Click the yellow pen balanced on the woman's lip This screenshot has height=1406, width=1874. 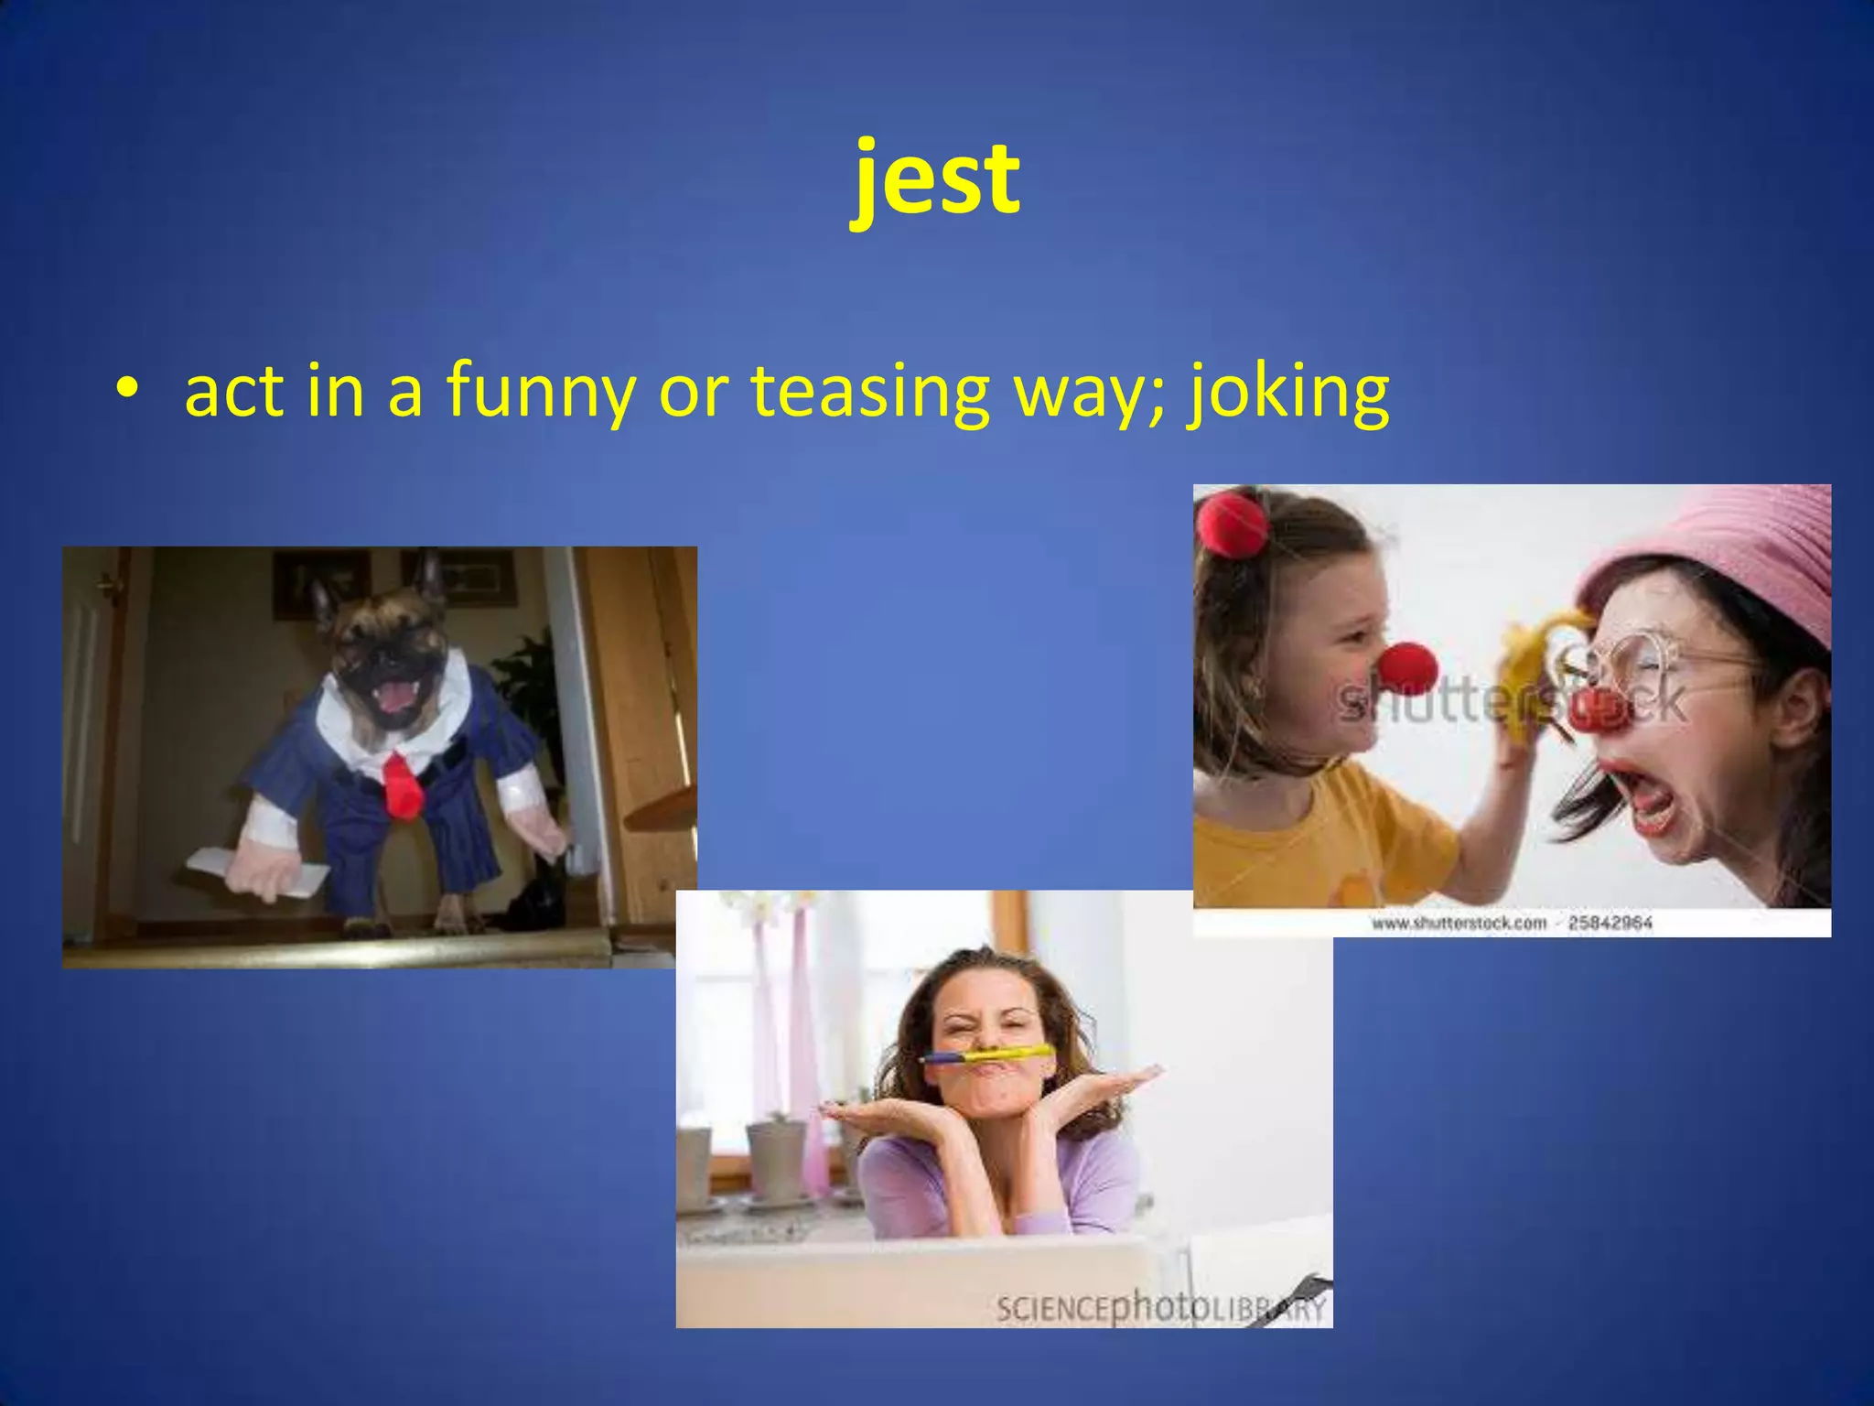pyautogui.click(x=988, y=1055)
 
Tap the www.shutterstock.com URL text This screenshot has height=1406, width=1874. pyautogui.click(x=1459, y=923)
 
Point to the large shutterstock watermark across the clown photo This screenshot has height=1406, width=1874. pyautogui.click(x=1510, y=703)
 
